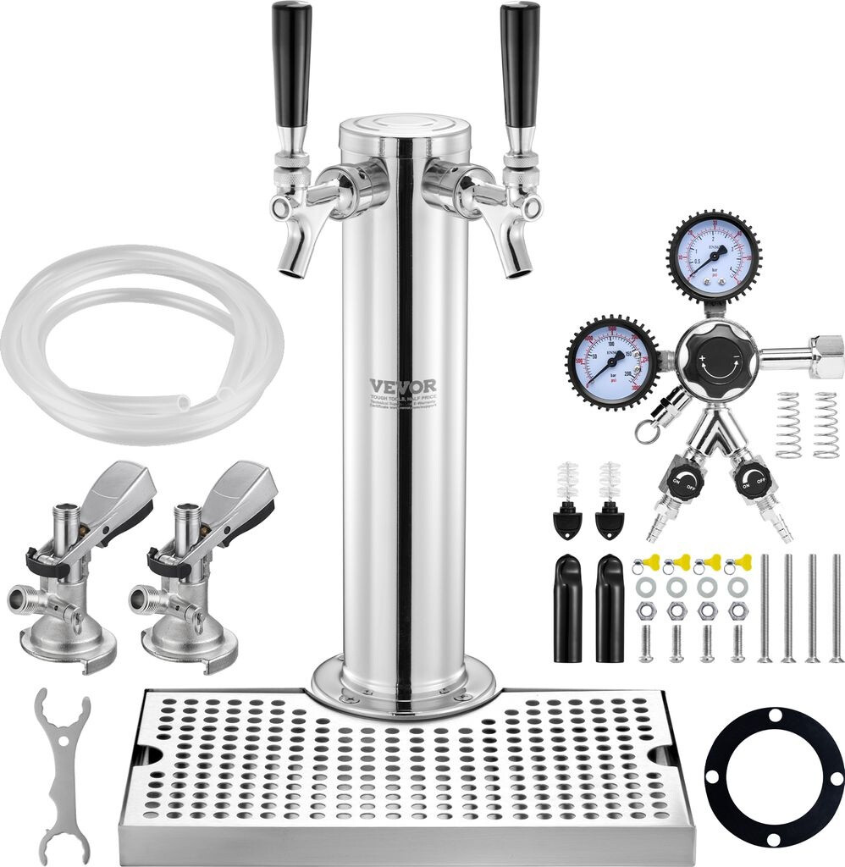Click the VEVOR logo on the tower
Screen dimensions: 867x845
(403, 386)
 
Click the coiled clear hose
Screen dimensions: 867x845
(140, 339)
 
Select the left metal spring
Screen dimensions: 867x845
(787, 424)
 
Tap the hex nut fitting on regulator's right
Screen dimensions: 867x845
(826, 348)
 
